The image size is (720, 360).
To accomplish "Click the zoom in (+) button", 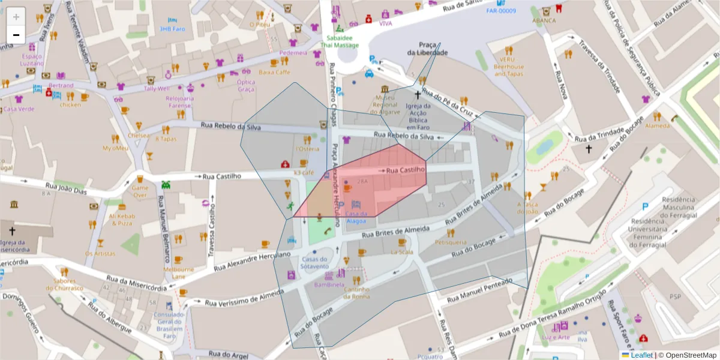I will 16,17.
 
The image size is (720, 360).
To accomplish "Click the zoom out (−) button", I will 16,35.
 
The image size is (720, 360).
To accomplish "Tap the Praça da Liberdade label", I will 427,49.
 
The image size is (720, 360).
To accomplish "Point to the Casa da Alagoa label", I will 356,217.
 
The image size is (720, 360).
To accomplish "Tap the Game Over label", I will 139,191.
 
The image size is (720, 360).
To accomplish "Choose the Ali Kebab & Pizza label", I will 121,220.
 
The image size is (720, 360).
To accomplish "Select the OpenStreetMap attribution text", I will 687,355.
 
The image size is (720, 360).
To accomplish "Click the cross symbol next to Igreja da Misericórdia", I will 11,230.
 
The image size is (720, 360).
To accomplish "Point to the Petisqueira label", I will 451,242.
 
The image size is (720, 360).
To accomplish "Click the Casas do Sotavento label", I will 315,262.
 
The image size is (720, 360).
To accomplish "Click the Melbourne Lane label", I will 179,273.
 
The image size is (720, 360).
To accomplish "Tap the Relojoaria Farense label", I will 179,101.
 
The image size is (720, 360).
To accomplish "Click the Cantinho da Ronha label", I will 356,292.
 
